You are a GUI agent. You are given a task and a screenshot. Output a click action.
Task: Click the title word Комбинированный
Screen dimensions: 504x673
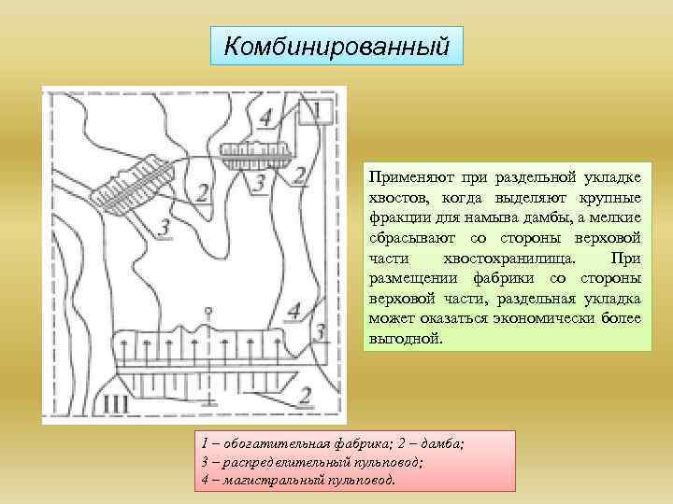click(337, 45)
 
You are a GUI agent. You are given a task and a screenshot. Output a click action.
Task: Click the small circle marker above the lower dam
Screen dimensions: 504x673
click(212, 309)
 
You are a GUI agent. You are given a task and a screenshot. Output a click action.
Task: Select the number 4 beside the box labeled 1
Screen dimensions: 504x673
click(266, 118)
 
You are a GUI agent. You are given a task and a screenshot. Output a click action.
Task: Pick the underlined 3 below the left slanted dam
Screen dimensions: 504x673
click(164, 227)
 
